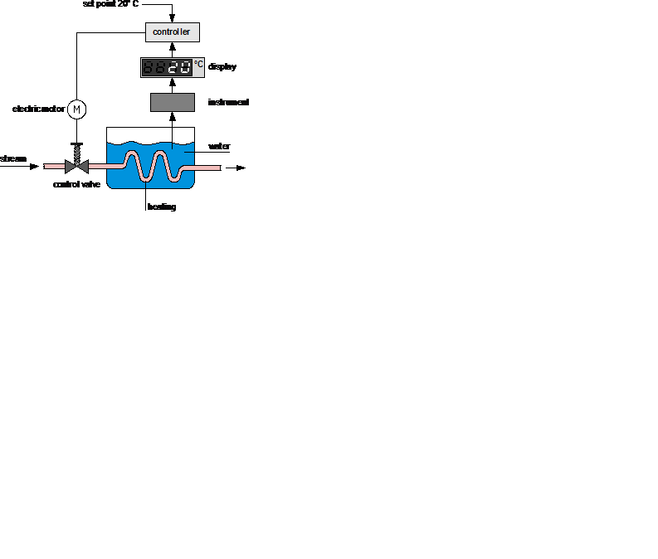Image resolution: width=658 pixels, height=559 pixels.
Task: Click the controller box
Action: pyautogui.click(x=172, y=32)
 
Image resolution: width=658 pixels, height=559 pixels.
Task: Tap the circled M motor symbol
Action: pyautogui.click(x=76, y=109)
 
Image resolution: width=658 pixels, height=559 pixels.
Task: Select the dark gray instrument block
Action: pyautogui.click(x=172, y=102)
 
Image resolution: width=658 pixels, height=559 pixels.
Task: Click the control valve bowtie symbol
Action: pyautogui.click(x=76, y=167)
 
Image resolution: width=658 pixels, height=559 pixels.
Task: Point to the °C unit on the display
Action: pyautogui.click(x=198, y=64)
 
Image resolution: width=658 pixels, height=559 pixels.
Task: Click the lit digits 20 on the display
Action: pyautogui.click(x=179, y=68)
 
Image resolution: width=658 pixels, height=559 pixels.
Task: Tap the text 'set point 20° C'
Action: pyautogui.click(x=111, y=4)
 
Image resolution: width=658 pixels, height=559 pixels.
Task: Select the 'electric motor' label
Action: pyautogui.click(x=38, y=109)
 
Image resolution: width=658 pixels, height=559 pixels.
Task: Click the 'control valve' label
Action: pyautogui.click(x=76, y=184)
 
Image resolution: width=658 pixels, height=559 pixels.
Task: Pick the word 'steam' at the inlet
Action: pyautogui.click(x=13, y=158)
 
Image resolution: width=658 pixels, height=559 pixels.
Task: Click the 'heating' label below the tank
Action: pyautogui.click(x=162, y=207)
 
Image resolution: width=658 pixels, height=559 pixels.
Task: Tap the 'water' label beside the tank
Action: pyautogui.click(x=219, y=146)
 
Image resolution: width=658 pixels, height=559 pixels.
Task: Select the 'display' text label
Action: pyautogui.click(x=222, y=66)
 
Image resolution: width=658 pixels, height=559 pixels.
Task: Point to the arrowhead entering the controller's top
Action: pyautogui.click(x=172, y=19)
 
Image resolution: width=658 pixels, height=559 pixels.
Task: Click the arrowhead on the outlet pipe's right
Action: pyautogui.click(x=241, y=168)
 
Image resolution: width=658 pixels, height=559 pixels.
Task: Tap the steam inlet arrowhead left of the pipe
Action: pyautogui.click(x=34, y=167)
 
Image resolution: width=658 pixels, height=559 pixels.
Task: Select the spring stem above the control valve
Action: pyautogui.click(x=76, y=150)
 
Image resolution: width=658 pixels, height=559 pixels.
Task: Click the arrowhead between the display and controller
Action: pyautogui.click(x=172, y=48)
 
